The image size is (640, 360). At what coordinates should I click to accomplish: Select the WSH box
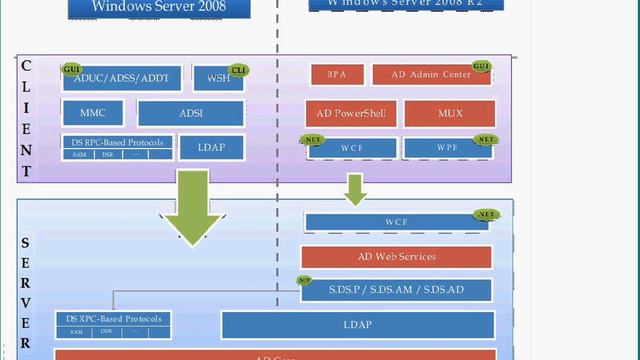coord(217,78)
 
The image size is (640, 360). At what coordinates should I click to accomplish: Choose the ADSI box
coord(190,112)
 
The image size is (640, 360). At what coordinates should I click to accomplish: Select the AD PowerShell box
coord(351,112)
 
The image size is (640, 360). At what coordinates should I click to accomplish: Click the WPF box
coord(447,149)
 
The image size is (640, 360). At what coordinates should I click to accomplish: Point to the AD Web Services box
coord(396,257)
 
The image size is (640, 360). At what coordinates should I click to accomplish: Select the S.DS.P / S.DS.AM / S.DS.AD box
coord(396,291)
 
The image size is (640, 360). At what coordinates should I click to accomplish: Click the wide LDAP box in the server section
coord(357,325)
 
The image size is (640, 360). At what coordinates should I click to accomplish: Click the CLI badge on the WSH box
coord(238,69)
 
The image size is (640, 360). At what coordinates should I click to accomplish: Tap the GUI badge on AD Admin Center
coord(482,66)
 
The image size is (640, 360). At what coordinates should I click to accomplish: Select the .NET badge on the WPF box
coord(485,139)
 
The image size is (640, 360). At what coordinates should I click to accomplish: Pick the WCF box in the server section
coord(396,222)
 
